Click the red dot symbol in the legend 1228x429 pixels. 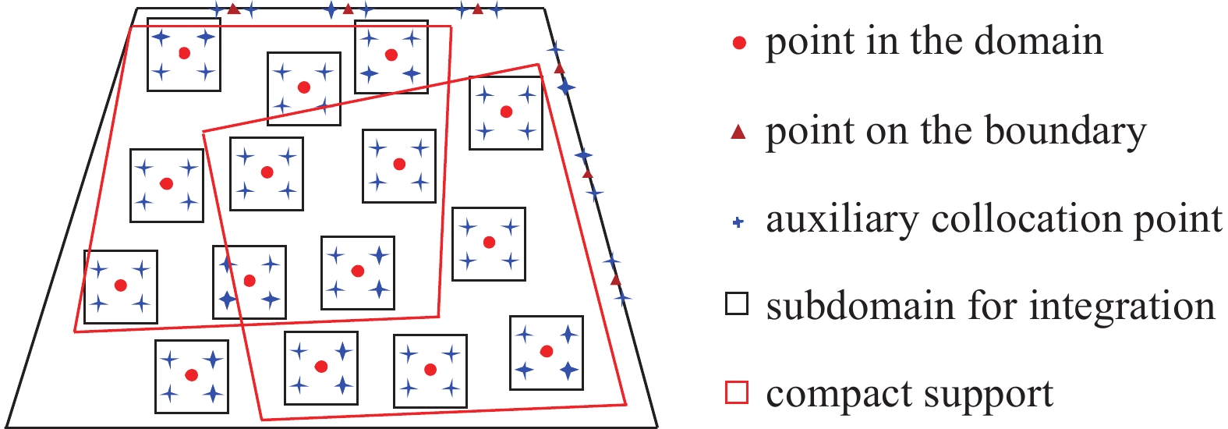coord(739,44)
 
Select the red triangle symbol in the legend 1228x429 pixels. coord(738,133)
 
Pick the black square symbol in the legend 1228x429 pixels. coord(737,303)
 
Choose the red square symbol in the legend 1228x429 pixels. coord(737,392)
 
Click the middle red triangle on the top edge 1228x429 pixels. coord(349,9)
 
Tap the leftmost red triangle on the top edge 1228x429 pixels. coord(233,9)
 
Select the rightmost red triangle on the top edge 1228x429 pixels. coord(478,9)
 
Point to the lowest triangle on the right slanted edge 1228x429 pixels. coord(616,279)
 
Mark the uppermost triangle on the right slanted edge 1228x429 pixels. coord(559,69)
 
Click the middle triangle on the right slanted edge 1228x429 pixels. coord(588,173)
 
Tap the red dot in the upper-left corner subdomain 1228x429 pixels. coord(184,53)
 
